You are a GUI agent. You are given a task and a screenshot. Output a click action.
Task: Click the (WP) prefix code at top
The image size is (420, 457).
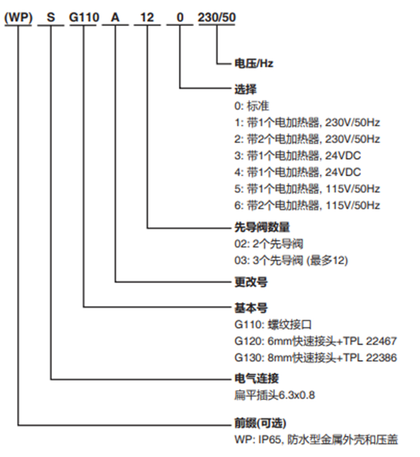coord(18,17)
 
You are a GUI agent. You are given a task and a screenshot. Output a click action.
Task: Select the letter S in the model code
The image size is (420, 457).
coord(51,17)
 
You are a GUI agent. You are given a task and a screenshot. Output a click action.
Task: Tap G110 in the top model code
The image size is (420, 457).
coord(84,17)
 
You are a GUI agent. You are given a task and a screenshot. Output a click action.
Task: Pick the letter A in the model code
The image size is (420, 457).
coord(115,17)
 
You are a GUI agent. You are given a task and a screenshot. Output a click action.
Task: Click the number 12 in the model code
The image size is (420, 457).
coord(147,17)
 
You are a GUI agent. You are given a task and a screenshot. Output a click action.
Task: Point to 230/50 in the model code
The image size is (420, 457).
coord(217,17)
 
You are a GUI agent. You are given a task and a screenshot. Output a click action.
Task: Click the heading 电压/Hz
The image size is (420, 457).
coord(254,63)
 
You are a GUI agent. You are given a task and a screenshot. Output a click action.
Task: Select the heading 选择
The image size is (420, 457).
coord(245,89)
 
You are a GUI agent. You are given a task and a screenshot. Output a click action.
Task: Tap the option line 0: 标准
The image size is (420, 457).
coord(251,106)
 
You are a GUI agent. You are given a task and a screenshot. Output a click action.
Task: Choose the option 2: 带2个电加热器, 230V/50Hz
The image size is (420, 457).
coord(307,139)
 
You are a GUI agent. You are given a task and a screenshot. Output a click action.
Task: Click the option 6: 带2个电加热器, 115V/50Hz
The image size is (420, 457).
coord(307,206)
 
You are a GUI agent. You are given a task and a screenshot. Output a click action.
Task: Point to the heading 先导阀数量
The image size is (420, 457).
coord(262,227)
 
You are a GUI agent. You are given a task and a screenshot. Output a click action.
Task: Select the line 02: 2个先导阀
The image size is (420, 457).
coord(269,244)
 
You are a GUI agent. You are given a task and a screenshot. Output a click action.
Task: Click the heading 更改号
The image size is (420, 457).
coord(251,282)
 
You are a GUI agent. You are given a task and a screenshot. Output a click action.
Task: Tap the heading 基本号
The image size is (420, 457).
coord(251,308)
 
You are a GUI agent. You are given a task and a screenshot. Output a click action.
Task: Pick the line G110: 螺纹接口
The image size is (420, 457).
coord(273,324)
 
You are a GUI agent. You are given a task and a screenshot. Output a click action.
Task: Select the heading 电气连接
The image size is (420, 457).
coord(256,379)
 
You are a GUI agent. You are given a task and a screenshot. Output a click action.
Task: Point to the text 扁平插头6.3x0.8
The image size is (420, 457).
coord(274,395)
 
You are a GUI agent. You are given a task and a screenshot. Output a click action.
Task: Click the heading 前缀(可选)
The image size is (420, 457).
coord(260,423)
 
